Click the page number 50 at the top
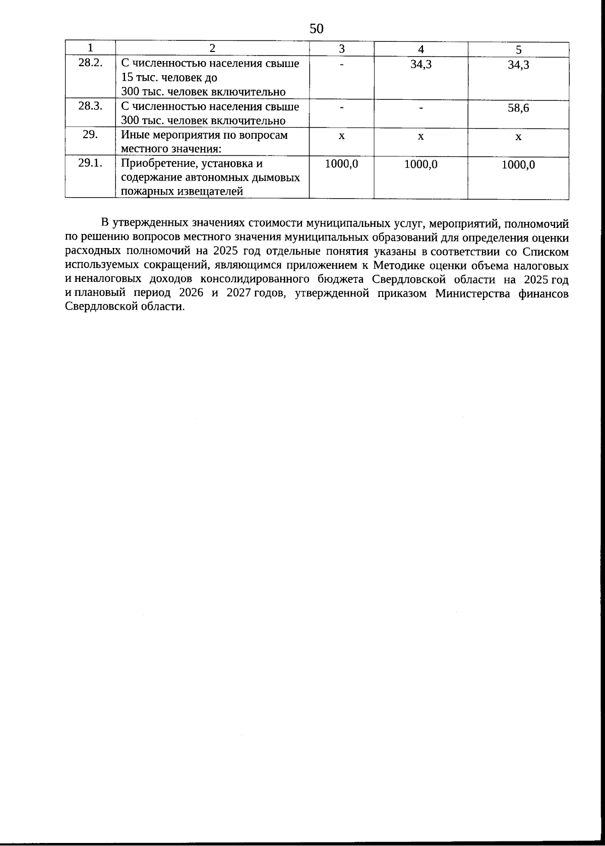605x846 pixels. tap(316, 28)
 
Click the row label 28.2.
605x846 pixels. tap(91, 64)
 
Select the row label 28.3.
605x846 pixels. tap(91, 106)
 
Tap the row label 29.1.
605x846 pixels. tap(91, 163)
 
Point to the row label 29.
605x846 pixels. tap(90, 135)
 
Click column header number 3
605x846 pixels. tap(341, 49)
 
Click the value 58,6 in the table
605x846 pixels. tap(518, 108)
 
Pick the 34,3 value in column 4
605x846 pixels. tap(420, 65)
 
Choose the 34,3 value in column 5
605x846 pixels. tap(518, 65)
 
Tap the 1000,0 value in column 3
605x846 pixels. tap(341, 164)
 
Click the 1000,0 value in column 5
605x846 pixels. tap(518, 165)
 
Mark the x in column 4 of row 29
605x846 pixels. tap(420, 137)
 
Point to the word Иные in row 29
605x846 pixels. tap(133, 135)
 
